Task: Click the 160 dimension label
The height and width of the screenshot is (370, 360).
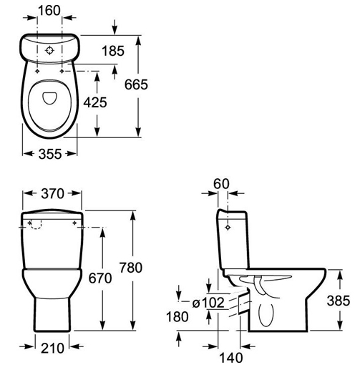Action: click(x=49, y=11)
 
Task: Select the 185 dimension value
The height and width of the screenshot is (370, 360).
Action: click(x=113, y=51)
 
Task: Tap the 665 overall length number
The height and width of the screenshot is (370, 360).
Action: click(x=136, y=84)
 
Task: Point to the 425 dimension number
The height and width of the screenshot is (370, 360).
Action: click(x=95, y=102)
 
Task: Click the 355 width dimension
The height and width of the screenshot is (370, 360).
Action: click(x=50, y=154)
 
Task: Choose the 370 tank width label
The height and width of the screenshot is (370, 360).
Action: click(x=53, y=193)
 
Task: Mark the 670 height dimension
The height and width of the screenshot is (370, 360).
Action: click(x=100, y=278)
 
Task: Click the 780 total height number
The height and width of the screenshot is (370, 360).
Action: click(x=131, y=268)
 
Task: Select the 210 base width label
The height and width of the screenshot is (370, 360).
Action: click(x=52, y=349)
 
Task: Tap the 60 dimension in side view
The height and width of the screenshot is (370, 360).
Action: click(x=221, y=184)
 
